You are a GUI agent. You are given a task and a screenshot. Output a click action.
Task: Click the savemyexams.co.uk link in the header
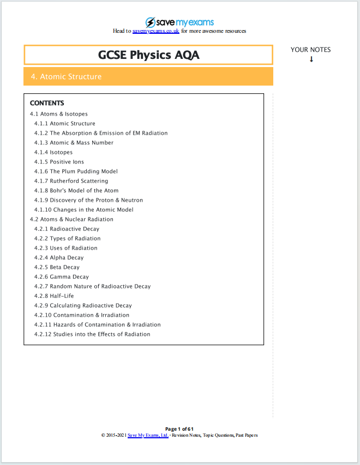tap(156, 31)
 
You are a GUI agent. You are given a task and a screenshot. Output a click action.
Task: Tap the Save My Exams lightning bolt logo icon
tap(150, 22)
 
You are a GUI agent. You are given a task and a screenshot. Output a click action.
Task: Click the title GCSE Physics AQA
tap(148, 55)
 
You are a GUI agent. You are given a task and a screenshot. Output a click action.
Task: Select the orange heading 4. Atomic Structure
tap(67, 77)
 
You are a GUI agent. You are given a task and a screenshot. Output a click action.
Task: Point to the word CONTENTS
tap(47, 103)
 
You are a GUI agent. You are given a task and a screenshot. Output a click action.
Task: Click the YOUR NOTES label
tap(310, 50)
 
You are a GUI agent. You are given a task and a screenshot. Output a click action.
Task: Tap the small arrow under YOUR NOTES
tap(311, 59)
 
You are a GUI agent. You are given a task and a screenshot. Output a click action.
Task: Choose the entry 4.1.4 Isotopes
tap(53, 152)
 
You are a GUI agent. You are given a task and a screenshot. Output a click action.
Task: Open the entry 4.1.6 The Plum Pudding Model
tap(76, 171)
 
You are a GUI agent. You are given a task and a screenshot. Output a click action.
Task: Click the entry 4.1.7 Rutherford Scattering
tap(71, 181)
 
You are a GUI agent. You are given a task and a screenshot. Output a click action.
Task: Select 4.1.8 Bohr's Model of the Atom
tap(76, 191)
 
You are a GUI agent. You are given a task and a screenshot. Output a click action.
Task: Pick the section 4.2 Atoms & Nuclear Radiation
tap(71, 219)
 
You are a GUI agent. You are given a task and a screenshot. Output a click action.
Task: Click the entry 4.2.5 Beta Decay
tap(57, 267)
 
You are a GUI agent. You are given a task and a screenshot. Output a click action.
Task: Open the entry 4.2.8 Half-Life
tap(54, 296)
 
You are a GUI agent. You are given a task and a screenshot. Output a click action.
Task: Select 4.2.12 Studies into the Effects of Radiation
tap(92, 334)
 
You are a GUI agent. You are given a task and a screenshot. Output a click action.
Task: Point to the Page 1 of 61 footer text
tap(179, 429)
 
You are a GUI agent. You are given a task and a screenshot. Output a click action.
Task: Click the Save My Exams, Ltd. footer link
tap(148, 436)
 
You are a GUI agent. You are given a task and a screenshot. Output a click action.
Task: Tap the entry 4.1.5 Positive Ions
tap(59, 162)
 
